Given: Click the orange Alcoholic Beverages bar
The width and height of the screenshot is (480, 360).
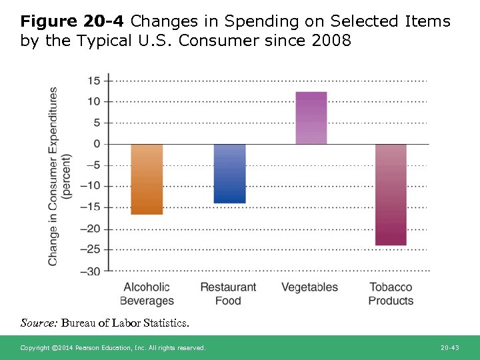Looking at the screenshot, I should pos(147,179).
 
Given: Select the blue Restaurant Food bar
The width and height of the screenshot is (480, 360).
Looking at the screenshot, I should pos(229,173).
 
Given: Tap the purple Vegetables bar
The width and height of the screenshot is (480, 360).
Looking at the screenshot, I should pos(311,118).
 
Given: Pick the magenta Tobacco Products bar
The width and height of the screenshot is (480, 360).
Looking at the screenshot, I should pos(391,195).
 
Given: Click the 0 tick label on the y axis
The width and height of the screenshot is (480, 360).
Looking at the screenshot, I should pos(97,144).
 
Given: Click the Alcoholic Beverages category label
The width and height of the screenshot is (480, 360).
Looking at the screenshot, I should pos(147,294).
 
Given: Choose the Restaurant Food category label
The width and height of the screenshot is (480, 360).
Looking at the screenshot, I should pos(228,294).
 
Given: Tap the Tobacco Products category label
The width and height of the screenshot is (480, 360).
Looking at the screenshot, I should pos(391,294).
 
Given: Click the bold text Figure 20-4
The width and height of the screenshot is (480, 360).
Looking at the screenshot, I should pos(73,21).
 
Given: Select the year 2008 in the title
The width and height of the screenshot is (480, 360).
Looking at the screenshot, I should pos(331,41).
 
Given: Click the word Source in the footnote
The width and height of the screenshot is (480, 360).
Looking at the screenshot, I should pos(39,323).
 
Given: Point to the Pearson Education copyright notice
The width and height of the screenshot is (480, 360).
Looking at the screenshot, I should pos(113,348).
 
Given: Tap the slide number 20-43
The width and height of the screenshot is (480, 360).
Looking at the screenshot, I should pos(450,348).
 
